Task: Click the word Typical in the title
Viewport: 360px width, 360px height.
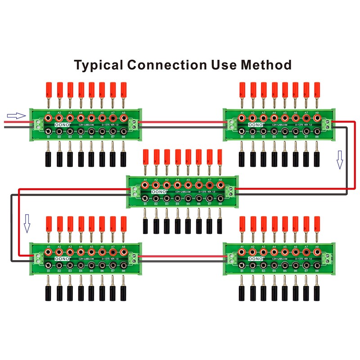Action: click(x=99, y=65)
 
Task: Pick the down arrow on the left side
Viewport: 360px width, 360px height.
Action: click(x=27, y=224)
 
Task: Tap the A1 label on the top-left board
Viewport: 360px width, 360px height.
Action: click(x=48, y=113)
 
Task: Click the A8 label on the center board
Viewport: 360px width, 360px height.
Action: click(x=220, y=180)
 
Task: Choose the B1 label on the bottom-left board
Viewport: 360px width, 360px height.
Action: click(x=48, y=271)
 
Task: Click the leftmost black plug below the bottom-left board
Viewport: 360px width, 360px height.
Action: click(x=48, y=293)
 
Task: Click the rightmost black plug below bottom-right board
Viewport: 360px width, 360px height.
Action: click(x=317, y=293)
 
